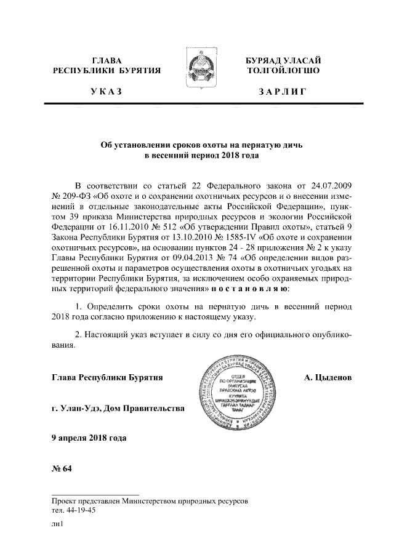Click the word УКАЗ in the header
(x=106, y=92)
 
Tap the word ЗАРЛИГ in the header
(x=283, y=92)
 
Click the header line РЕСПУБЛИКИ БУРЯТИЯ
(x=107, y=71)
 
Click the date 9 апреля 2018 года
(x=90, y=438)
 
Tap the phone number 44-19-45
(x=79, y=510)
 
